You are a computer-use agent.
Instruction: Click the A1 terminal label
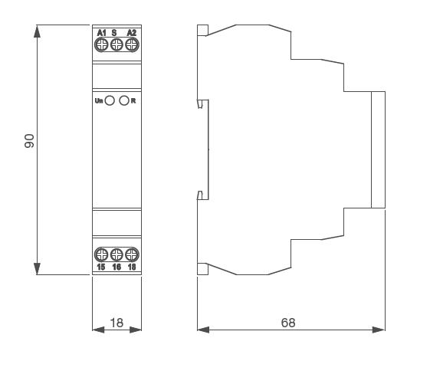click(x=102, y=32)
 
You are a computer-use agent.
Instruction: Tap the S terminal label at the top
click(x=114, y=32)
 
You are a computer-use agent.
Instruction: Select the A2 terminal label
click(x=131, y=32)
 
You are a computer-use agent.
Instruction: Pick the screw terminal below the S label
click(x=117, y=45)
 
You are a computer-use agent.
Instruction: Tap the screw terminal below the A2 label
click(x=131, y=45)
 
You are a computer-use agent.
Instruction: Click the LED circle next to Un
click(x=110, y=100)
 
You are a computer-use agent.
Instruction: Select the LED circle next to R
click(x=123, y=100)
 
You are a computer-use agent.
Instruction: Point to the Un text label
click(x=99, y=100)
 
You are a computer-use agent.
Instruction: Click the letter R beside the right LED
click(x=133, y=100)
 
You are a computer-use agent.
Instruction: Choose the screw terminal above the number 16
click(x=117, y=254)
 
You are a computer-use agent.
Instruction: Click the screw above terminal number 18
click(x=131, y=254)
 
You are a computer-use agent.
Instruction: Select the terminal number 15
click(x=102, y=267)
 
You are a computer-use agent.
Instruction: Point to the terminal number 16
click(x=117, y=267)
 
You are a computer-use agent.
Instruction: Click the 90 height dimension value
click(x=29, y=140)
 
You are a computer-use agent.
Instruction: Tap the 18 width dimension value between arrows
click(x=117, y=323)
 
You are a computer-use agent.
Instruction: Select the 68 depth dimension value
click(x=287, y=323)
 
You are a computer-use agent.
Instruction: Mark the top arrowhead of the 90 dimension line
click(x=37, y=31)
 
